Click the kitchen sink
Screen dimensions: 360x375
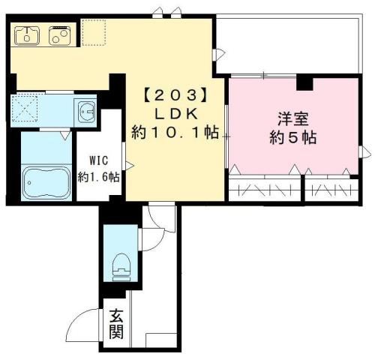coord(29,34)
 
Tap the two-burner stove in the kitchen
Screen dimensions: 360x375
coord(59,34)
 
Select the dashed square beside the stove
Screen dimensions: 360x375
coord(94,32)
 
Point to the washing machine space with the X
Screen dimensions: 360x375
coord(31,111)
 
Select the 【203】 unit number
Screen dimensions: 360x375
coord(174,95)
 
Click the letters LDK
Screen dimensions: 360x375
coord(174,114)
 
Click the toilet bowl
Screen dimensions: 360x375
coord(120,262)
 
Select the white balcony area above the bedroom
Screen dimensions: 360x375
coord(289,45)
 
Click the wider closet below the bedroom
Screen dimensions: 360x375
coord(264,188)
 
